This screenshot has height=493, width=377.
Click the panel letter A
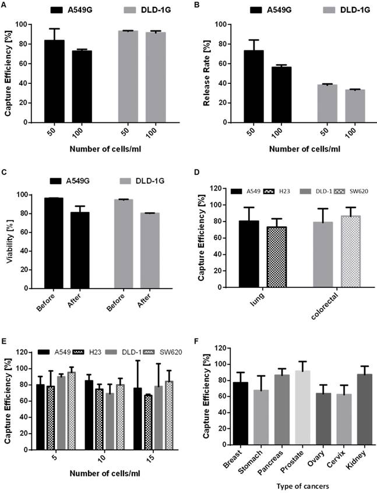(x=5, y=4)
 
